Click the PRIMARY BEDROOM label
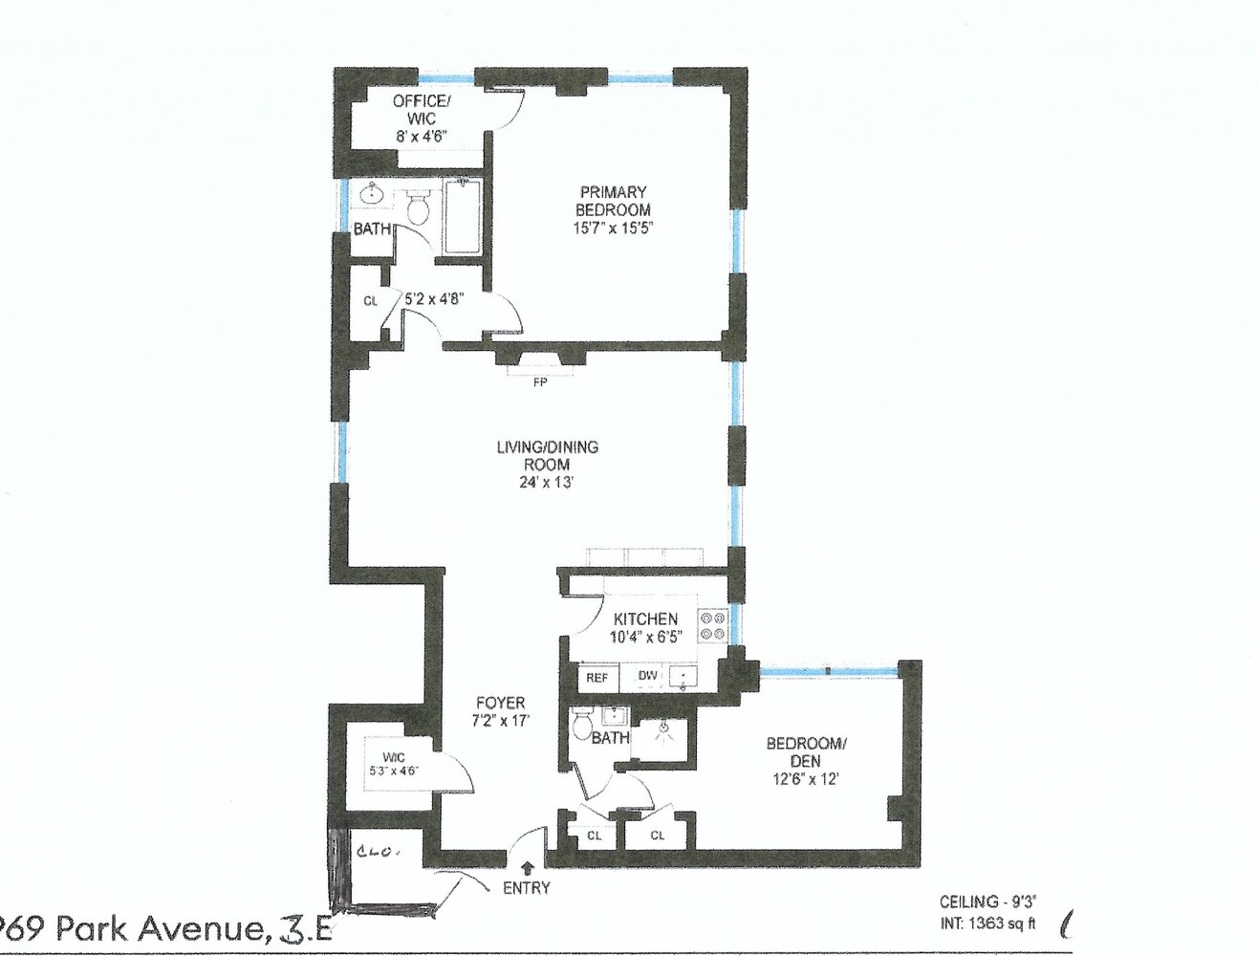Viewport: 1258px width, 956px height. (x=613, y=201)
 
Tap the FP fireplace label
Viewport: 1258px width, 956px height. (x=540, y=383)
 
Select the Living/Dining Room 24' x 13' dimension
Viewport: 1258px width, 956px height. (x=547, y=483)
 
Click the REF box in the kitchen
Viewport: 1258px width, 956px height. (x=596, y=678)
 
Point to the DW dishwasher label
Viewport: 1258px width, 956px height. (x=648, y=677)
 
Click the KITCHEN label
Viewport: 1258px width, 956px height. (x=645, y=619)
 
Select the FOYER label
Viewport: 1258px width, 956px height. (x=500, y=703)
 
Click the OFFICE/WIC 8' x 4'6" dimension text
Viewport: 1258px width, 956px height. (x=422, y=137)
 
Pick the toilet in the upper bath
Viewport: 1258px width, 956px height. (x=418, y=205)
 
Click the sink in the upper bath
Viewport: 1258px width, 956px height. (x=372, y=196)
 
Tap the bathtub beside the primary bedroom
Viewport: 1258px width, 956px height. (x=462, y=217)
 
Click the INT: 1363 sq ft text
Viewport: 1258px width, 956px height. (x=987, y=924)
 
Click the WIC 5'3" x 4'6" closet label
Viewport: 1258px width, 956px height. (x=394, y=764)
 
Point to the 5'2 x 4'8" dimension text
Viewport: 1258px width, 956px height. (x=435, y=298)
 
